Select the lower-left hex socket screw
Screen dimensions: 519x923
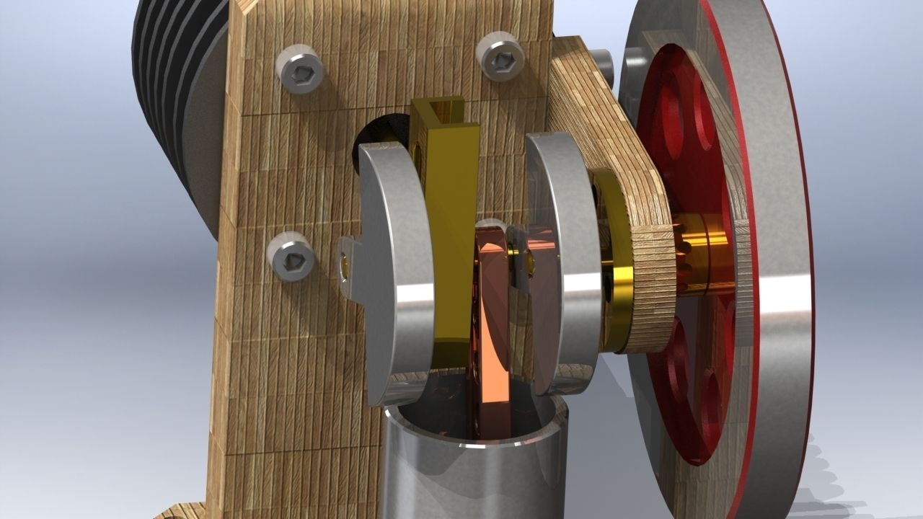[x=291, y=257]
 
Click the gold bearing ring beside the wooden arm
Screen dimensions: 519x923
[x=617, y=274]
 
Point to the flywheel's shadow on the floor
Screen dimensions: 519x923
[x=829, y=461]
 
